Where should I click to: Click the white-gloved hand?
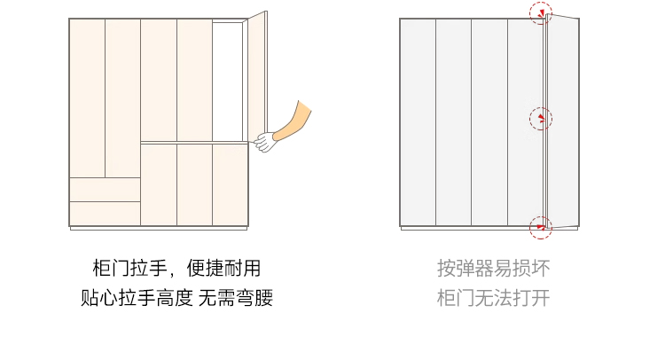[264, 141]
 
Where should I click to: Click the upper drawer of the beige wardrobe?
[105, 189]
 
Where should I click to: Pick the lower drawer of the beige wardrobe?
[105, 213]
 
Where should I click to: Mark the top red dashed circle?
[541, 13]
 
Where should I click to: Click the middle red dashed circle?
[541, 118]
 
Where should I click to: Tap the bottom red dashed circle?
[541, 227]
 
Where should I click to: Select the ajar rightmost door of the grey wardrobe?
[563, 121]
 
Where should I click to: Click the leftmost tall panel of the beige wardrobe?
[87, 98]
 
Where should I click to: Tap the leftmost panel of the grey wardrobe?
[418, 122]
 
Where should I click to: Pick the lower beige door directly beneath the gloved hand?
[230, 184]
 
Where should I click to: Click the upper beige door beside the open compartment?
[194, 80]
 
